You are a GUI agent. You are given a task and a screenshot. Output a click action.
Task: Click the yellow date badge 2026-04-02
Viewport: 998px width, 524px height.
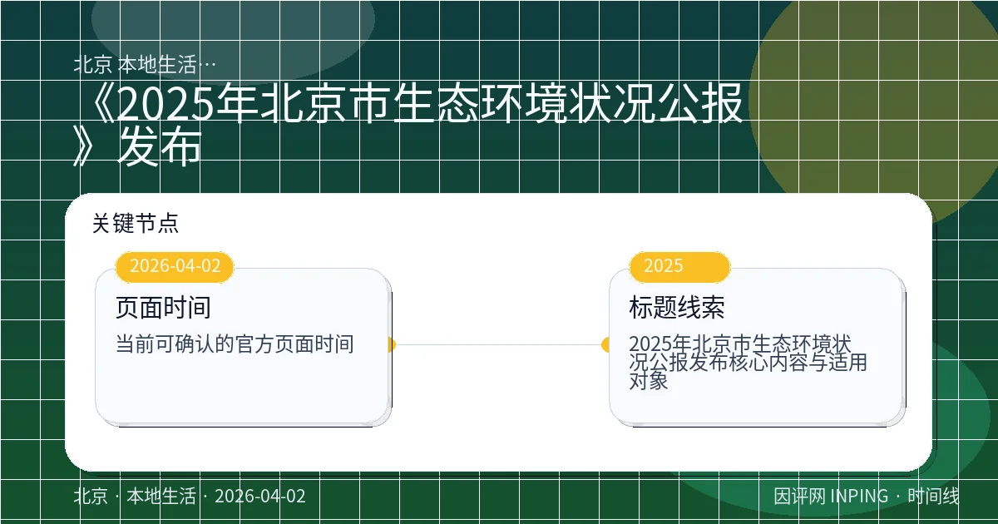(x=175, y=266)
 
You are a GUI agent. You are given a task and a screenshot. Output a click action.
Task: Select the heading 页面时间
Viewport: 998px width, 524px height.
(x=163, y=308)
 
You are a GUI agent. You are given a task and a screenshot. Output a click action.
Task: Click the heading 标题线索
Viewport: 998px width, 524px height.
(x=677, y=308)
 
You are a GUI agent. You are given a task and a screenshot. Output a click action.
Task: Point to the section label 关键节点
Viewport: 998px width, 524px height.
(x=136, y=223)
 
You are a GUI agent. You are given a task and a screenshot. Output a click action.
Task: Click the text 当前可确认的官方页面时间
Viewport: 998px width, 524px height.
(x=235, y=344)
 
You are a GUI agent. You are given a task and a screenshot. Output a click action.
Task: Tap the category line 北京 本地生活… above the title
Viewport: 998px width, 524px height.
(x=146, y=64)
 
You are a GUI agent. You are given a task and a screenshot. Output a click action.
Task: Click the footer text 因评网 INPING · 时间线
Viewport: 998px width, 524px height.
(x=867, y=497)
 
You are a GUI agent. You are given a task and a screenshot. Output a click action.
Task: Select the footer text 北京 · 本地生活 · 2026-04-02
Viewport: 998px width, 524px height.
(x=190, y=497)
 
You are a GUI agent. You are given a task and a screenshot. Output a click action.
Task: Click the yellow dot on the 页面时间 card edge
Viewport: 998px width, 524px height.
(x=390, y=344)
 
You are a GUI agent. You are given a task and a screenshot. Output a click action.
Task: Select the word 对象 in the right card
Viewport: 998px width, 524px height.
(x=649, y=382)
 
